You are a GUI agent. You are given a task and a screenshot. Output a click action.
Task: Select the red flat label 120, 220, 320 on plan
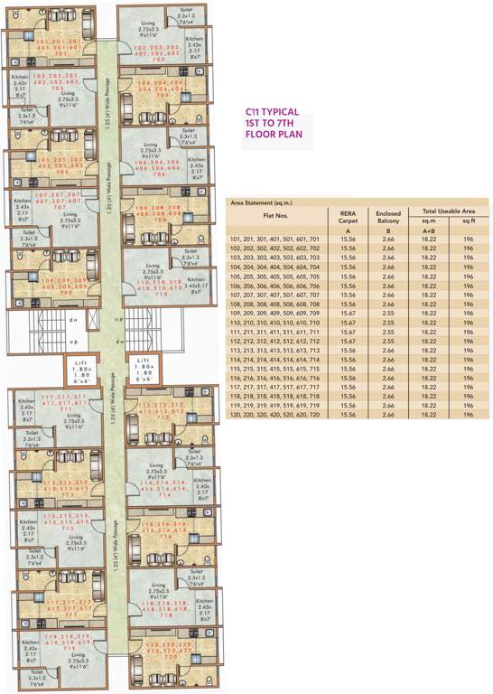(x=160, y=649)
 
